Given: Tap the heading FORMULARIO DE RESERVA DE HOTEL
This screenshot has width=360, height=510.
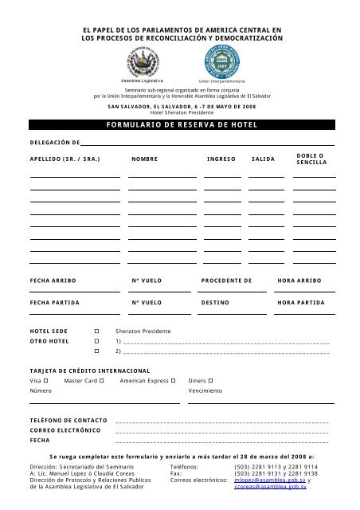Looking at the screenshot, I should (x=181, y=125).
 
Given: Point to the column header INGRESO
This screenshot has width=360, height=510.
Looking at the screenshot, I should (x=221, y=159).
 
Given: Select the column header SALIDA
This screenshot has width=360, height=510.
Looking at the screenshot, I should (x=264, y=159).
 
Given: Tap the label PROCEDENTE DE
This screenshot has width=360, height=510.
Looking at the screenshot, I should (x=227, y=280).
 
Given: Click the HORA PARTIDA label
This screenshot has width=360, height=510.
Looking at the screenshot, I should (x=300, y=303).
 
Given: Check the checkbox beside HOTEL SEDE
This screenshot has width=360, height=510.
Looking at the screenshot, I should (x=96, y=330).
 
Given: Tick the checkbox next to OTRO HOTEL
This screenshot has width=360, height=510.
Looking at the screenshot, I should (x=96, y=340).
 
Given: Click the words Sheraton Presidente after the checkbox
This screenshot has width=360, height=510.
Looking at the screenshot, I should (x=143, y=330).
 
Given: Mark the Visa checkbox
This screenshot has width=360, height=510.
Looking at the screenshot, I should (x=46, y=381).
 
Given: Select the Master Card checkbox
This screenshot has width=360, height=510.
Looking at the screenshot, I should (x=102, y=381).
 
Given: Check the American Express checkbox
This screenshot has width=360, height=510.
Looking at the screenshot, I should (x=173, y=381).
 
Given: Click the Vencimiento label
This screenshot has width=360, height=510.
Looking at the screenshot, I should (x=205, y=391).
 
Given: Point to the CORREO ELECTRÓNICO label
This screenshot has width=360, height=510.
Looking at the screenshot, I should (x=65, y=430).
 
